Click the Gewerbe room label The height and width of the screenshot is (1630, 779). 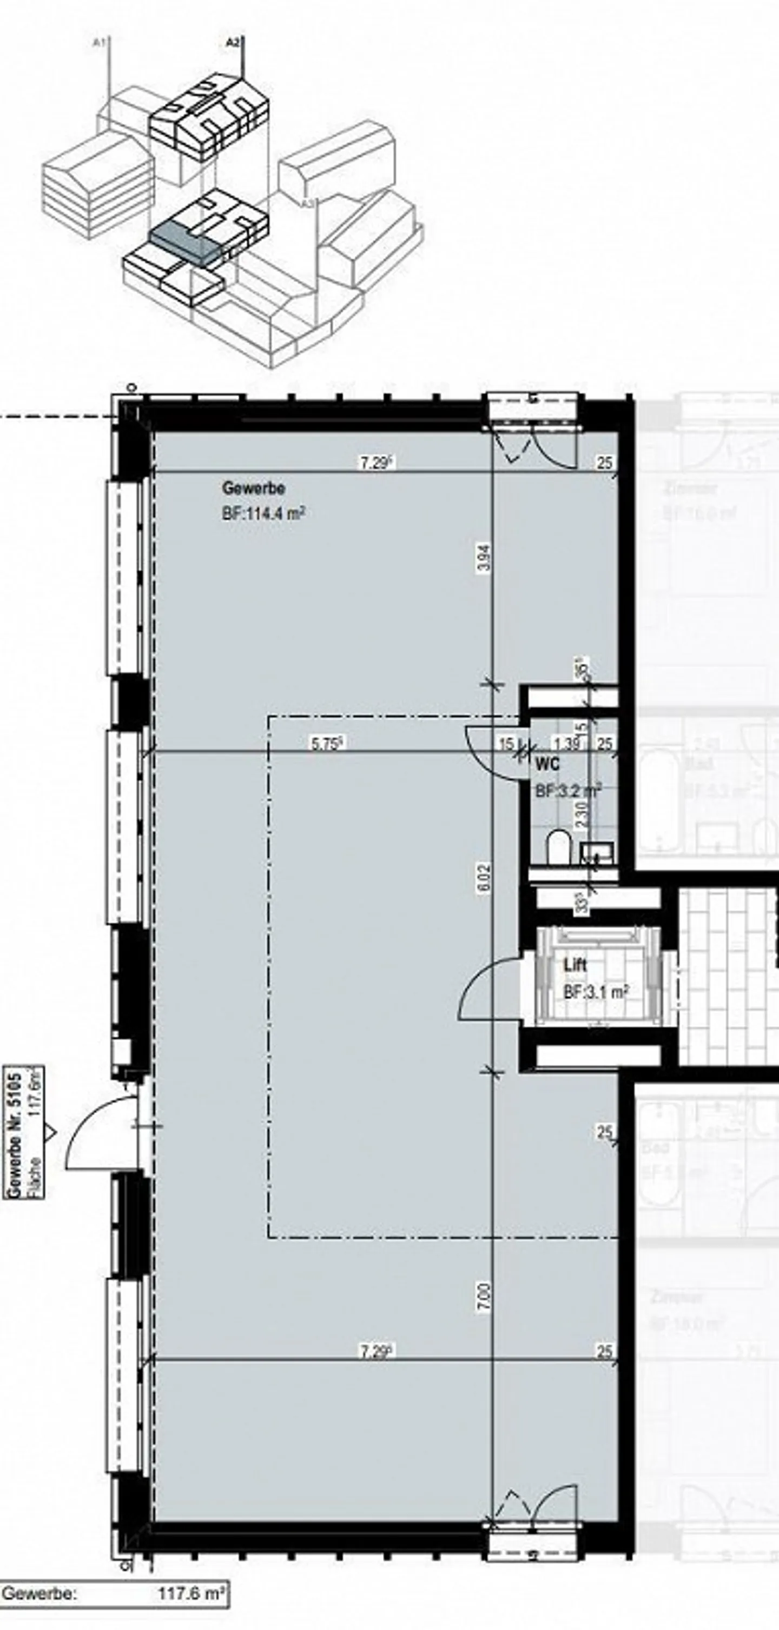(x=253, y=488)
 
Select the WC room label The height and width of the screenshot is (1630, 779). (x=547, y=764)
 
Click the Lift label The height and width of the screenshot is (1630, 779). (x=575, y=965)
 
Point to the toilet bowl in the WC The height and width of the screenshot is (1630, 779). (x=558, y=847)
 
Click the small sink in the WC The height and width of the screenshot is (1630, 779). (x=597, y=852)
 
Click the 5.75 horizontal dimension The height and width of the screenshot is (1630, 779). (x=327, y=744)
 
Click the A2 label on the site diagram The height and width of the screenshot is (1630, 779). (x=233, y=43)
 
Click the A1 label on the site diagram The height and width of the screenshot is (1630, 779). (x=99, y=43)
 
